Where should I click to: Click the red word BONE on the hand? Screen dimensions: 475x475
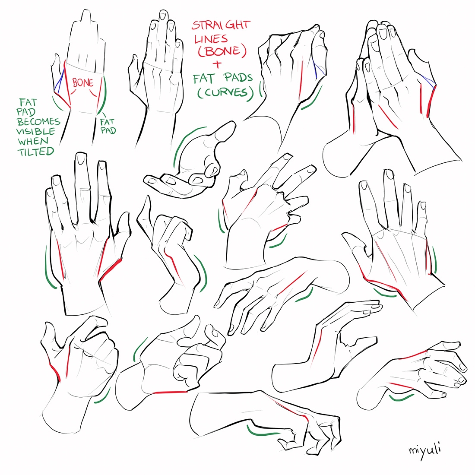[82, 82]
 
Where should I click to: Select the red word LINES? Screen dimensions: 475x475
[211, 38]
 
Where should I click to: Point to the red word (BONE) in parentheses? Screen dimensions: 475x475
[222, 51]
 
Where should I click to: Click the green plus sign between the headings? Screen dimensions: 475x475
[217, 65]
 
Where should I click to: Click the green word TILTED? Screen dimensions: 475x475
[36, 152]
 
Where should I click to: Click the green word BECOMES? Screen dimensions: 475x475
[38, 122]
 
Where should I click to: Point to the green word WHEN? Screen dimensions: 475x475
[33, 141]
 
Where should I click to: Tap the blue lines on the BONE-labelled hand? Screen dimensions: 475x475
[59, 80]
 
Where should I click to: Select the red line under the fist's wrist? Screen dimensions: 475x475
[170, 392]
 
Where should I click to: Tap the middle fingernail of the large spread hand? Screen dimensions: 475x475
[81, 159]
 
